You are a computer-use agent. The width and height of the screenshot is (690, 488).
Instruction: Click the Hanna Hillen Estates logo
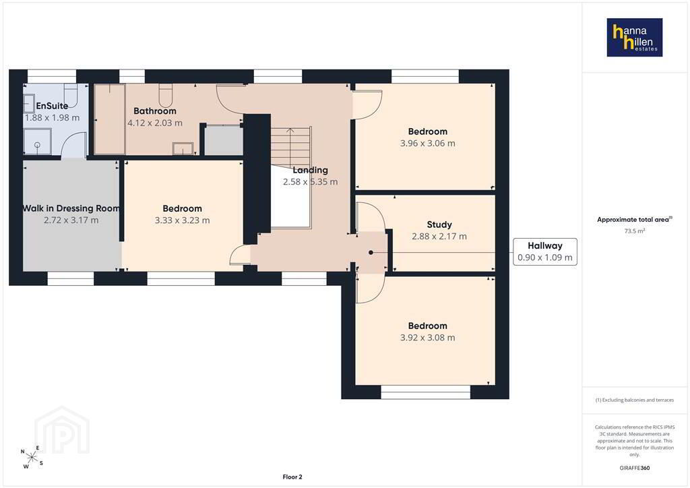(634, 37)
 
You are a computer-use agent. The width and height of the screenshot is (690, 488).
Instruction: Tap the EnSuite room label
(52, 106)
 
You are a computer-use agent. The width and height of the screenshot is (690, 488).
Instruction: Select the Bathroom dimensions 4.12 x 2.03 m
(155, 123)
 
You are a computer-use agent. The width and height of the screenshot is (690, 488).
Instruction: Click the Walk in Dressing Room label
(71, 208)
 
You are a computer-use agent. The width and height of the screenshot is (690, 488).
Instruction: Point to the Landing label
(310, 170)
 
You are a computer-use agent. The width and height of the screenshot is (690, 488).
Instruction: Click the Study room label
(439, 224)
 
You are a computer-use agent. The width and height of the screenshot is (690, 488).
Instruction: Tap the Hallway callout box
(544, 251)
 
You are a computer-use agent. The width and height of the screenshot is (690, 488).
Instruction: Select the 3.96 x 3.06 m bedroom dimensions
(428, 144)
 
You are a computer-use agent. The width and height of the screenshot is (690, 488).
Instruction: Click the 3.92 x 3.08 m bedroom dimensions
(428, 338)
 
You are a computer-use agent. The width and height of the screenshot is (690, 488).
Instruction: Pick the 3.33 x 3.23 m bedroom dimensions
(182, 220)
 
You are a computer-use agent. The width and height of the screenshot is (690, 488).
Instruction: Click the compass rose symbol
(32, 458)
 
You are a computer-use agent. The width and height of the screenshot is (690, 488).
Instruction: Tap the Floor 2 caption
(292, 477)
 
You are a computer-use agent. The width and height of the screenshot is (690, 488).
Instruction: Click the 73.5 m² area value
(635, 231)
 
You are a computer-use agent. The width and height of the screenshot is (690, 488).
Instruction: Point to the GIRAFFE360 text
(635, 468)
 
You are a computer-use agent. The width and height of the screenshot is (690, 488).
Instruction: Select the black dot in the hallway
(371, 253)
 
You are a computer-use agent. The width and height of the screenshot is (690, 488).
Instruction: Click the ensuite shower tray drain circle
(38, 144)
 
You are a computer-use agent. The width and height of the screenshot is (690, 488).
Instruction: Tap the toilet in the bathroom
(165, 94)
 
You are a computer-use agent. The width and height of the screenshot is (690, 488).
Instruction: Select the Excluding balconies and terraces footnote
(635, 400)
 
